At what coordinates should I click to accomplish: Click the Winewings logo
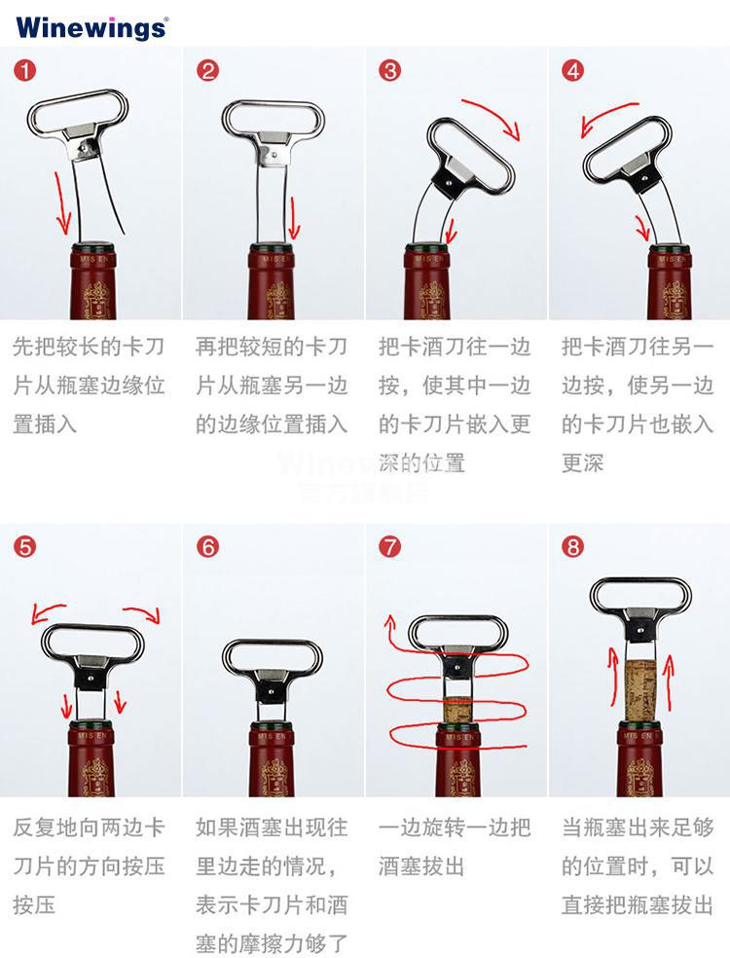[x=91, y=28]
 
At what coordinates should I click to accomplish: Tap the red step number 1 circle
[x=25, y=71]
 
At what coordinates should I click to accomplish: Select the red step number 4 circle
[x=573, y=71]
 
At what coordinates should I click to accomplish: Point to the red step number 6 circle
[x=207, y=546]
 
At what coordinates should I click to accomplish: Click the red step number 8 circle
[x=573, y=546]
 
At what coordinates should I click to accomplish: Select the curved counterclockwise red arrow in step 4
[x=607, y=117]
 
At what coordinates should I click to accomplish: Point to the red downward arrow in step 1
[x=61, y=203]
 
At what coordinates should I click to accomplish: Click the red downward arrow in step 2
[x=294, y=218]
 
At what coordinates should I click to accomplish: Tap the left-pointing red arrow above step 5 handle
[x=48, y=612]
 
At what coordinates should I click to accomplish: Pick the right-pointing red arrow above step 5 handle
[x=142, y=613]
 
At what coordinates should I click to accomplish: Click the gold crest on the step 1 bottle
[x=97, y=300]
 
